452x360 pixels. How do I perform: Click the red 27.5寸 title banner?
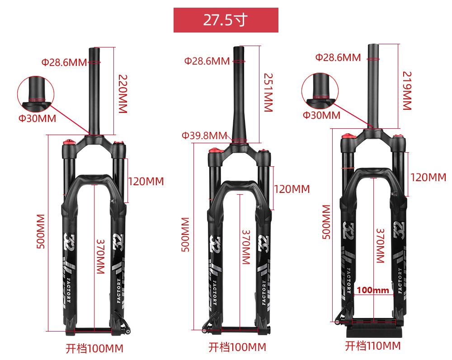(x=226, y=20)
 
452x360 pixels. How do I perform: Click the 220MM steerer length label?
(x=123, y=94)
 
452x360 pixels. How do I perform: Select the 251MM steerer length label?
(x=268, y=93)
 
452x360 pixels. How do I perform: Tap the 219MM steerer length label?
(x=407, y=91)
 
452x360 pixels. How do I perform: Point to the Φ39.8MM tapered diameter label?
(x=204, y=135)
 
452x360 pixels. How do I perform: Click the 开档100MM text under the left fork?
(x=94, y=348)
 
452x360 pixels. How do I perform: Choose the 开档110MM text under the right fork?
(x=373, y=346)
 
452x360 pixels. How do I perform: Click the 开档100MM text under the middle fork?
(x=237, y=347)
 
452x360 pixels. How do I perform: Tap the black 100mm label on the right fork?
(x=373, y=290)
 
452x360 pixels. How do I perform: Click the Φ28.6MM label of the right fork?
(x=338, y=57)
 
